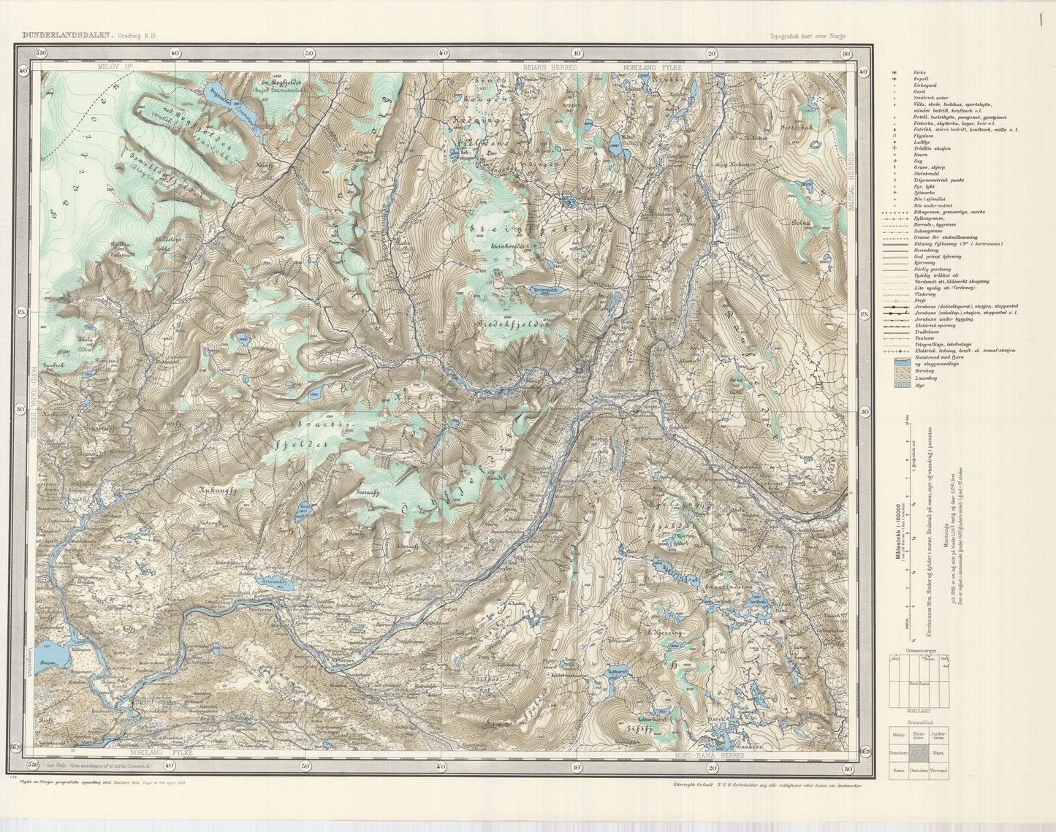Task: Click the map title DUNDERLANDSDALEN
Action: click(x=64, y=34)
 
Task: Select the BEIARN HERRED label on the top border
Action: click(x=550, y=67)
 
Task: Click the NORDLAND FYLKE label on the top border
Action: click(x=652, y=67)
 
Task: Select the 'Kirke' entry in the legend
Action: click(x=919, y=74)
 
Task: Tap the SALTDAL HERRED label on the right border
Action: click(x=851, y=183)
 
